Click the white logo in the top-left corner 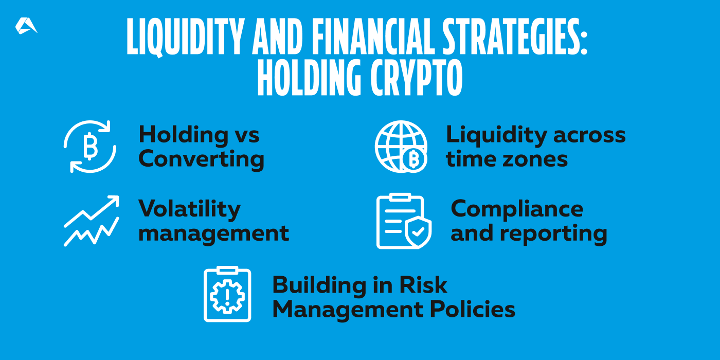tap(26, 26)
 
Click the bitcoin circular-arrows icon tap(90, 147)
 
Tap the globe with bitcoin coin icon tap(402, 147)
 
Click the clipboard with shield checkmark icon tap(404, 222)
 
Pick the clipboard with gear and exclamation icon tap(227, 295)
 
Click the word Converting tap(201, 159)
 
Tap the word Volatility tap(189, 209)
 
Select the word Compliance tap(517, 209)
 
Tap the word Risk tap(427, 285)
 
